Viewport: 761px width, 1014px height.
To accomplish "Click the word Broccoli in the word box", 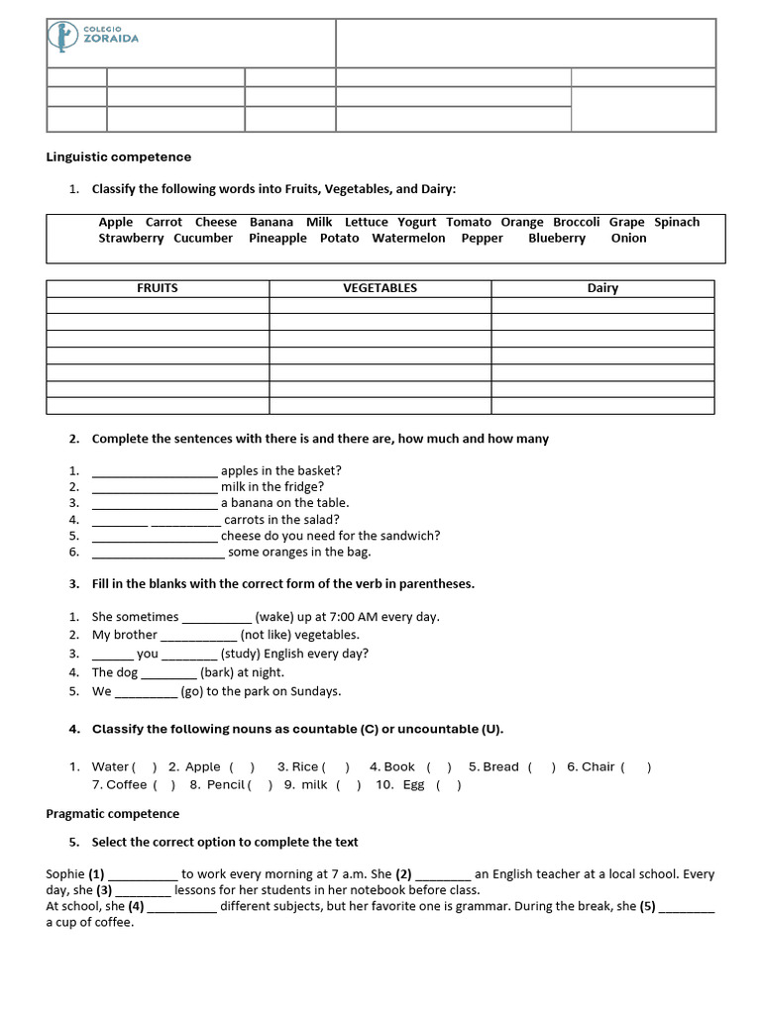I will [576, 223].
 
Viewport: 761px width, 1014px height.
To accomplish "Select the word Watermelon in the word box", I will [408, 239].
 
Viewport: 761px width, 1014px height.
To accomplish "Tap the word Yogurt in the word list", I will [416, 223].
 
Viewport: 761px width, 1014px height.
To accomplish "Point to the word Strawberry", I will [131, 239].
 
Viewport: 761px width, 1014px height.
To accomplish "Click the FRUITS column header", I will [158, 288].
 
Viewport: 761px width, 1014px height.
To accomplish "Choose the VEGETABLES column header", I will [380, 288].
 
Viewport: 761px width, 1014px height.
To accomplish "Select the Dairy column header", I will [602, 288].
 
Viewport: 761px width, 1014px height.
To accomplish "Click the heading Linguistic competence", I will [119, 157].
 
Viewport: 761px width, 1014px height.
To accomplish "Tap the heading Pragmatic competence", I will [113, 814].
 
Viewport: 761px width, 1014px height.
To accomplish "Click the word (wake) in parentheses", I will [273, 617].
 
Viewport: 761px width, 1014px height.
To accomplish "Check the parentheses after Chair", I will [635, 767].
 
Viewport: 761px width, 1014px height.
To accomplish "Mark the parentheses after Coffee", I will [163, 785].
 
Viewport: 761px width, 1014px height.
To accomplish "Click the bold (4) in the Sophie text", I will [136, 906].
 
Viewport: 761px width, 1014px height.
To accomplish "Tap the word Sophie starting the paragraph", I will [64, 874].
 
